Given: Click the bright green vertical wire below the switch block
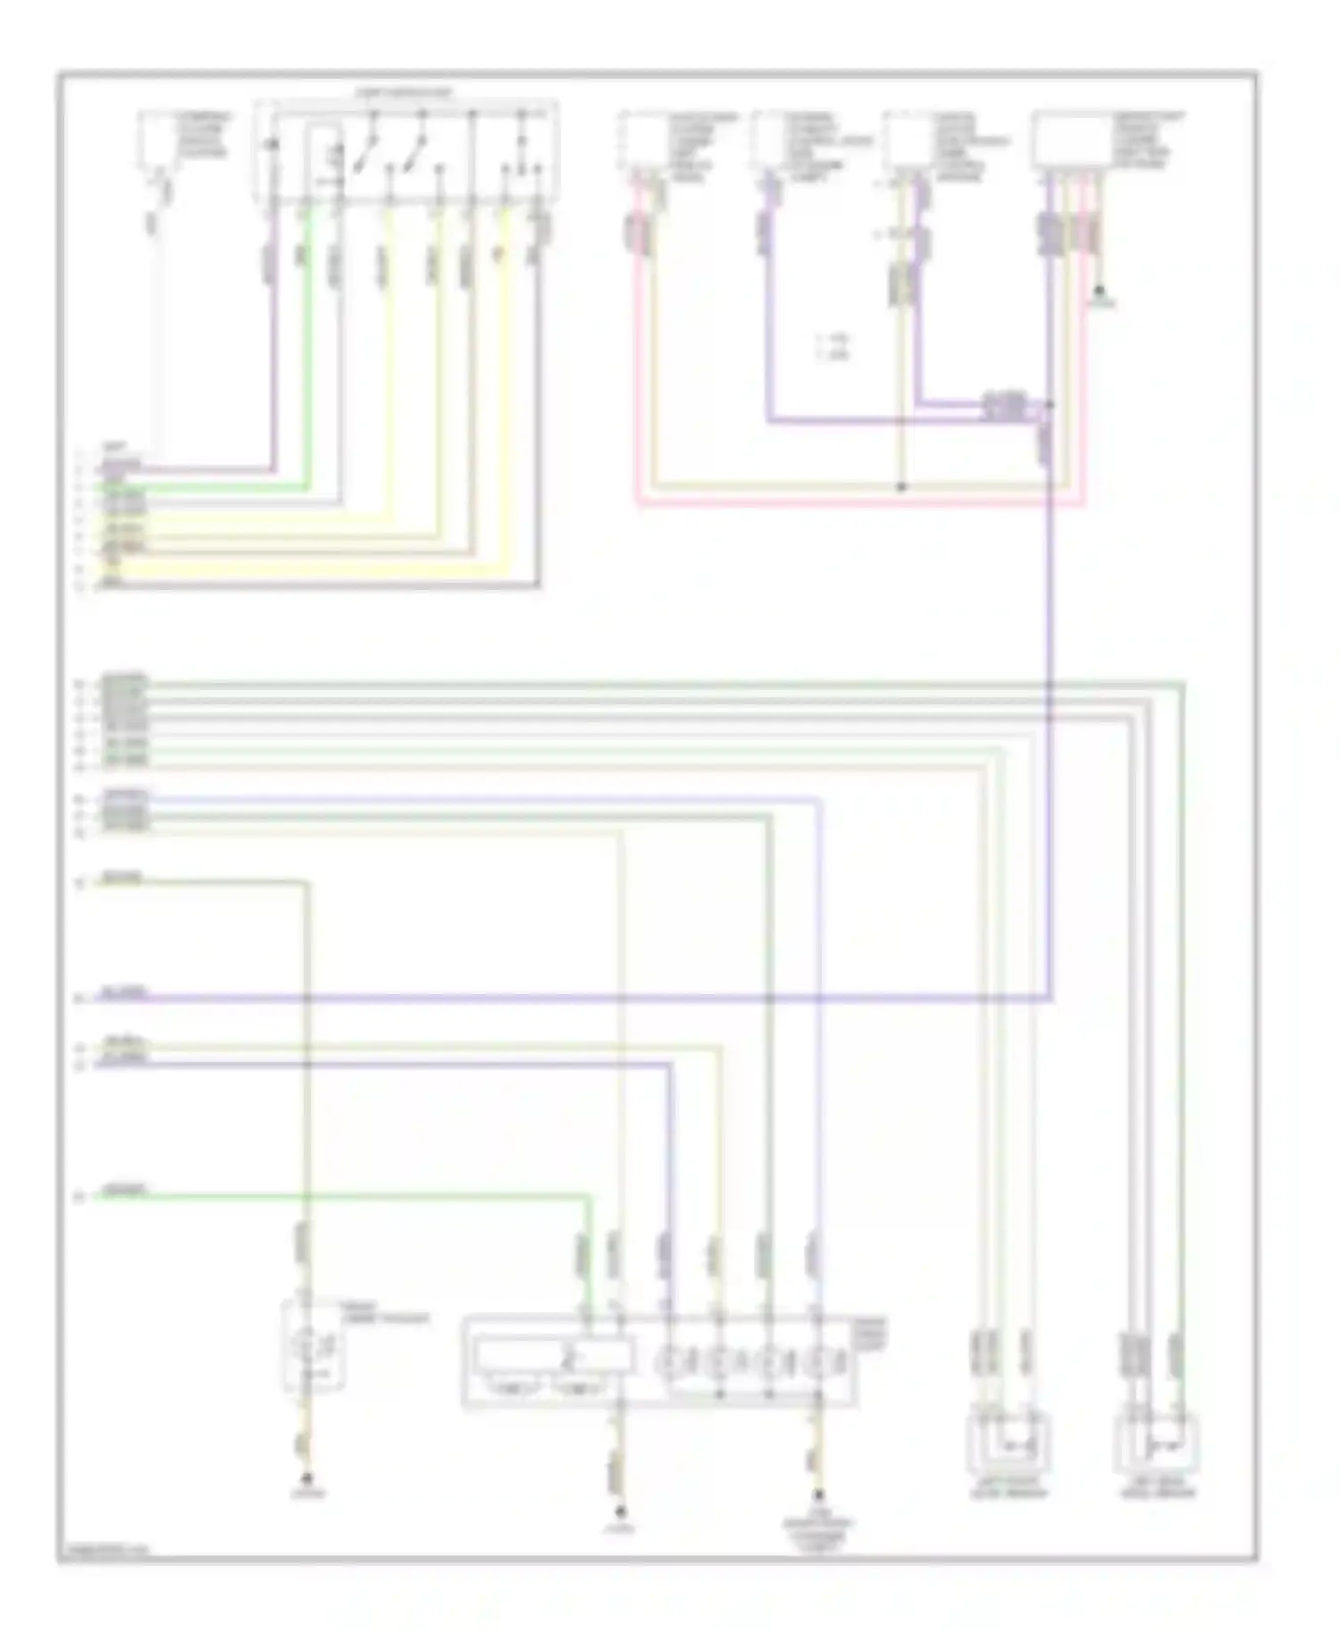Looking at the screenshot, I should click(x=308, y=358).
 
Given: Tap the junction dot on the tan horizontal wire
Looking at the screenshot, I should click(x=901, y=487).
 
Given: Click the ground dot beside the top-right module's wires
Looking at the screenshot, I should click(x=1101, y=291).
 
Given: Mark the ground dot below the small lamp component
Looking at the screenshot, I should click(x=308, y=1478).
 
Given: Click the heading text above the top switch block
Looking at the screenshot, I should click(x=404, y=93).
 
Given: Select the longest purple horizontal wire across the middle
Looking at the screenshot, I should click(x=572, y=998).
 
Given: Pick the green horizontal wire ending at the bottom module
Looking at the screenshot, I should click(x=339, y=1195).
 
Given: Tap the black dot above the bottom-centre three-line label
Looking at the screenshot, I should click(x=817, y=1495).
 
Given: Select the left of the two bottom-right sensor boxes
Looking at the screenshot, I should click(x=1009, y=1442).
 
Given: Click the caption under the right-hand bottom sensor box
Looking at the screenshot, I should click(x=1158, y=1492).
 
